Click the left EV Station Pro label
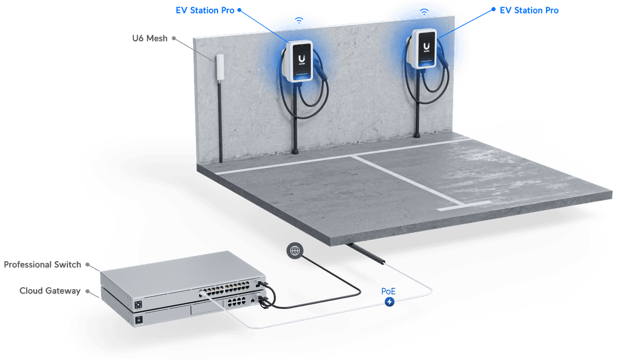tap(205, 10)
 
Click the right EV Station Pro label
tap(529, 10)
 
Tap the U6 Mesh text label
tap(149, 39)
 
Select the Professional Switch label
tap(42, 265)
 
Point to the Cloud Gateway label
tap(50, 290)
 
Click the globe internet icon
tap(295, 251)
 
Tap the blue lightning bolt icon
tap(389, 301)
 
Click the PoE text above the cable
tap(388, 290)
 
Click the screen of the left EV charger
tap(301, 60)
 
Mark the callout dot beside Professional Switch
tap(88, 265)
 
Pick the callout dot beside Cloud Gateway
tap(88, 290)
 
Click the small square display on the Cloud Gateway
tap(138, 320)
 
